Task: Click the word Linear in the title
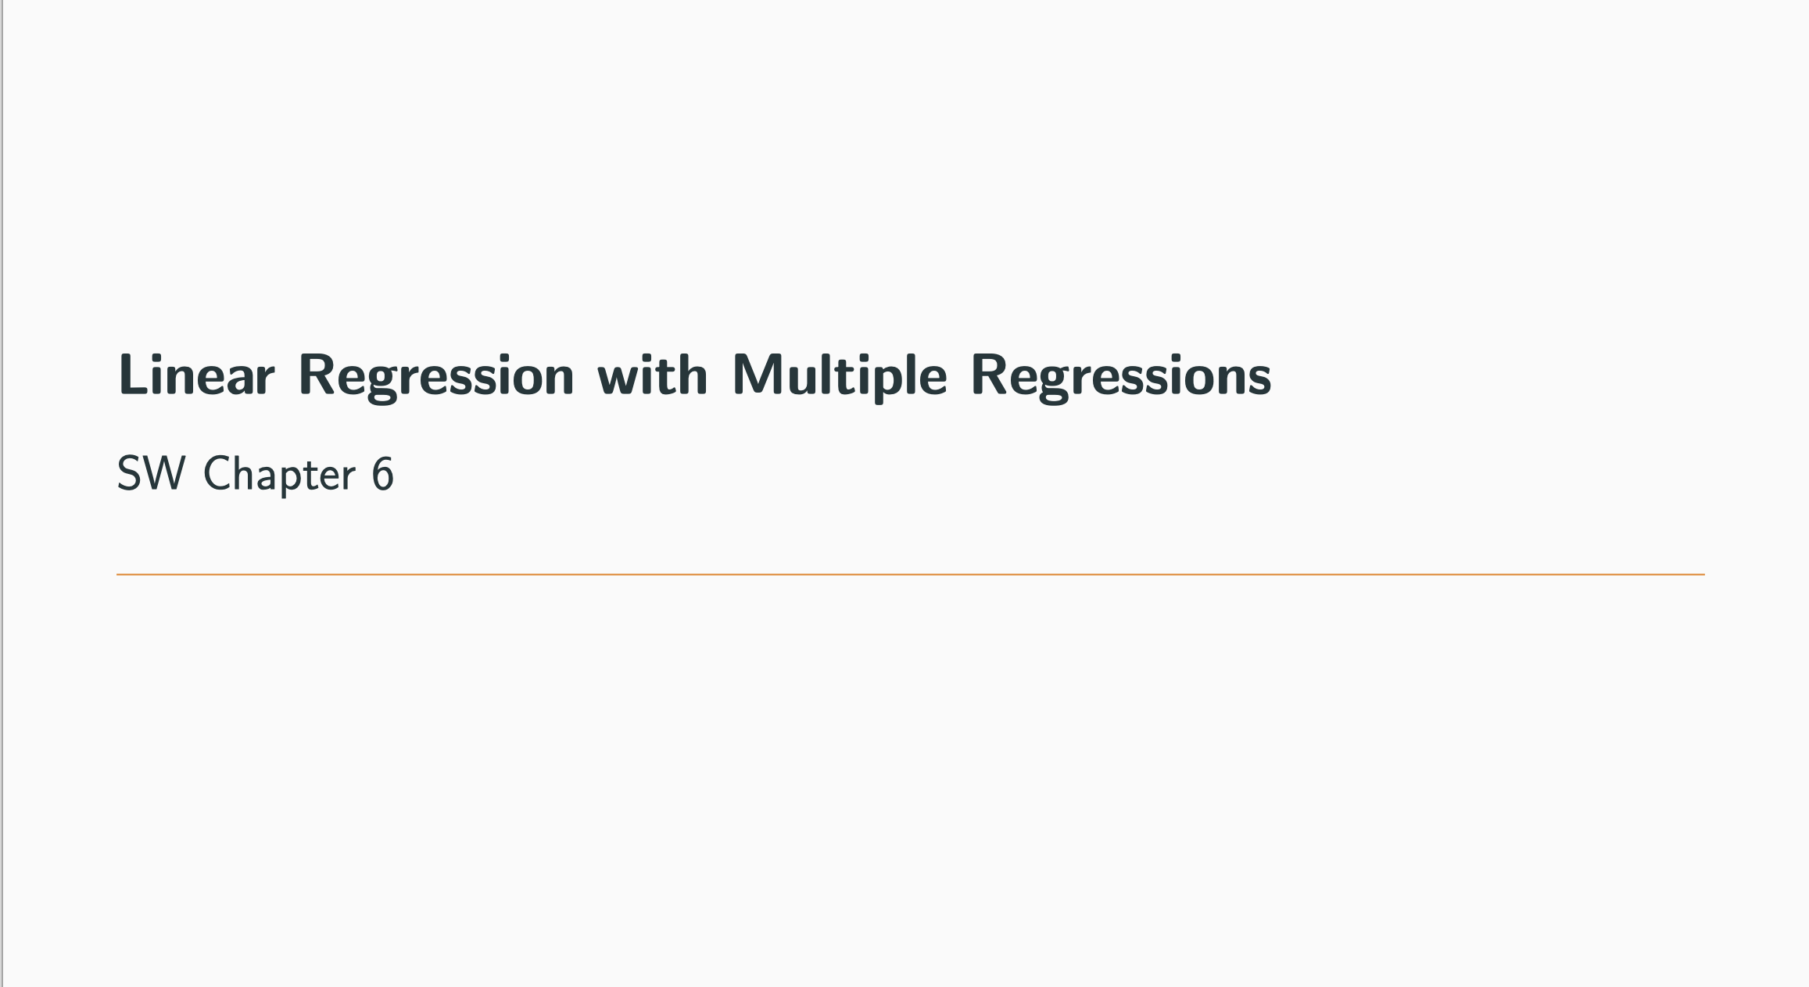196,375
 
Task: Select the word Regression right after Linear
436,379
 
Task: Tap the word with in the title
653,375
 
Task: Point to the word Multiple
840,378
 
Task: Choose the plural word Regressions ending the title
1121,379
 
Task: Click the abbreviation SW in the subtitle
152,474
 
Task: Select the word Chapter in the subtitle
280,475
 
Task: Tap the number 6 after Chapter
383,474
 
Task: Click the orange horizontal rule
910,575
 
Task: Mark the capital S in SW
128,474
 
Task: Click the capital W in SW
165,474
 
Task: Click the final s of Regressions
1259,381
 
